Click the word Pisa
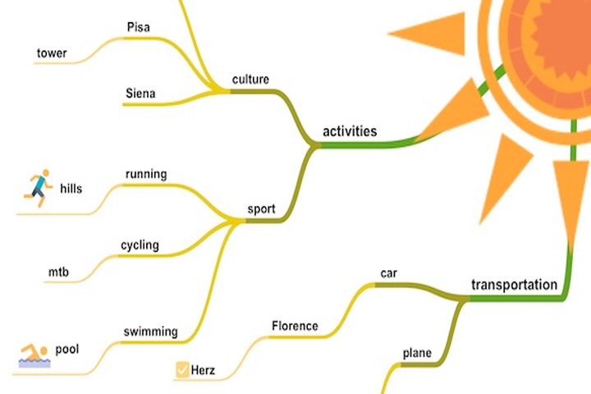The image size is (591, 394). click(139, 27)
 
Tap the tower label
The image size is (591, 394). click(52, 53)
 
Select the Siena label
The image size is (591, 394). click(140, 93)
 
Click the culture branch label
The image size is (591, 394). click(250, 79)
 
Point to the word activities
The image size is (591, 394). click(350, 131)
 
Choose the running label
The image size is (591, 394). click(146, 174)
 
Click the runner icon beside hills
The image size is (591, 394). click(38, 188)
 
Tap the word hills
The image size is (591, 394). click(71, 188)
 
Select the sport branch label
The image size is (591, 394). click(261, 208)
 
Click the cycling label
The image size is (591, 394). click(140, 245)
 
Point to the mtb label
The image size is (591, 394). click(58, 272)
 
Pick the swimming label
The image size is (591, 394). click(151, 332)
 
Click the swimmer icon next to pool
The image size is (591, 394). click(34, 355)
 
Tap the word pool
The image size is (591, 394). click(67, 350)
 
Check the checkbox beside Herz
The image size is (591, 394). click(182, 370)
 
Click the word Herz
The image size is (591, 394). click(204, 370)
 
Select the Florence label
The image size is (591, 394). click(295, 326)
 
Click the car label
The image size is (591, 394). click(388, 273)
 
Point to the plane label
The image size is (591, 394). click(417, 353)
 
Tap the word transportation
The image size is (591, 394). click(514, 285)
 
